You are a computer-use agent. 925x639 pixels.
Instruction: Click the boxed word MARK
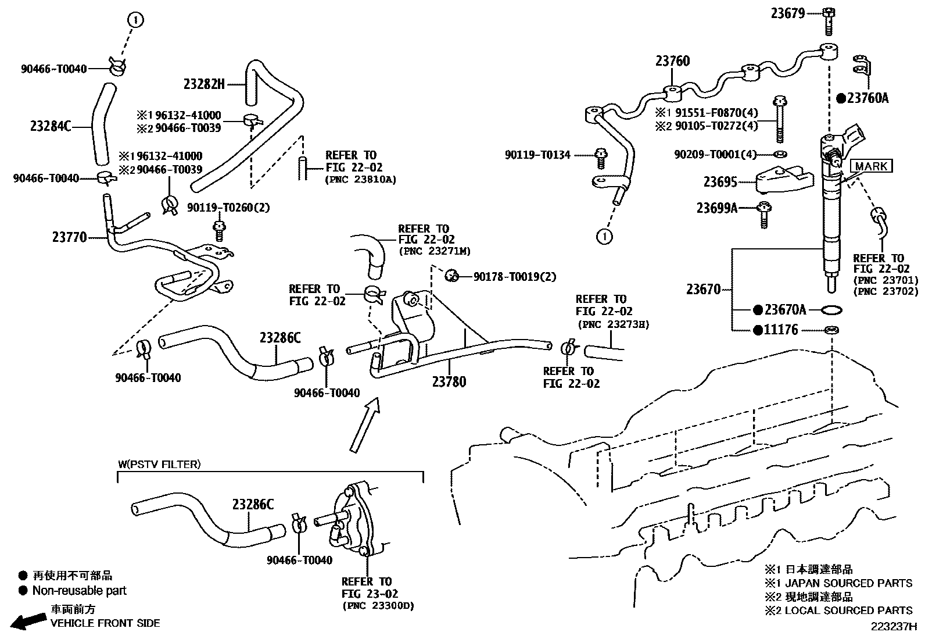[x=871, y=166]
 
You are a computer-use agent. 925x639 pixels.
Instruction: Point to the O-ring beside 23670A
[x=831, y=309]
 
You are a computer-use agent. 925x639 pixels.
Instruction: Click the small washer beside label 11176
[x=831, y=330]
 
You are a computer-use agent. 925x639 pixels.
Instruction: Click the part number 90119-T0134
[x=537, y=155]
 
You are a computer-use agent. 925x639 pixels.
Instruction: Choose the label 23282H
[x=203, y=84]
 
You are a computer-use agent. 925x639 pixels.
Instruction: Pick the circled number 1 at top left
[x=135, y=20]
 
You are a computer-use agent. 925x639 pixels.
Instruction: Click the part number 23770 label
[x=69, y=237]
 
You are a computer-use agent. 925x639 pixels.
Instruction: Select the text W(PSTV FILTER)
[x=159, y=464]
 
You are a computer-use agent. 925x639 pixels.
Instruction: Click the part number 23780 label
[x=449, y=381]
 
